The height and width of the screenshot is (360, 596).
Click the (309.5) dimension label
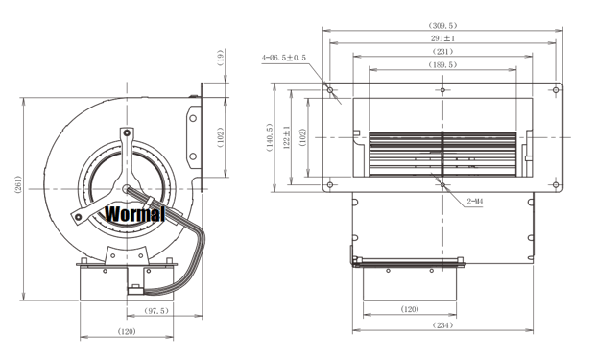click(442, 26)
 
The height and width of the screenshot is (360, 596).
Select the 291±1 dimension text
click(442, 38)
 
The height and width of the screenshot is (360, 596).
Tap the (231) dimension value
click(442, 51)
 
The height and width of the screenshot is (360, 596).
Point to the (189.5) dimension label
click(442, 64)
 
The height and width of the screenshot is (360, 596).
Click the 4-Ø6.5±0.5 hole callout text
click(283, 58)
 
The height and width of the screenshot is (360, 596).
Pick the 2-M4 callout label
click(475, 202)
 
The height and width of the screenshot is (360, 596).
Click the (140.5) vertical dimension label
click(270, 137)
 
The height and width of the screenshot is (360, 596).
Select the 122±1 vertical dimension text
click(287, 137)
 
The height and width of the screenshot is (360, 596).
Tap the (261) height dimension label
click(18, 184)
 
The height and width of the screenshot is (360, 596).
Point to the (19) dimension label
click(221, 58)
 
